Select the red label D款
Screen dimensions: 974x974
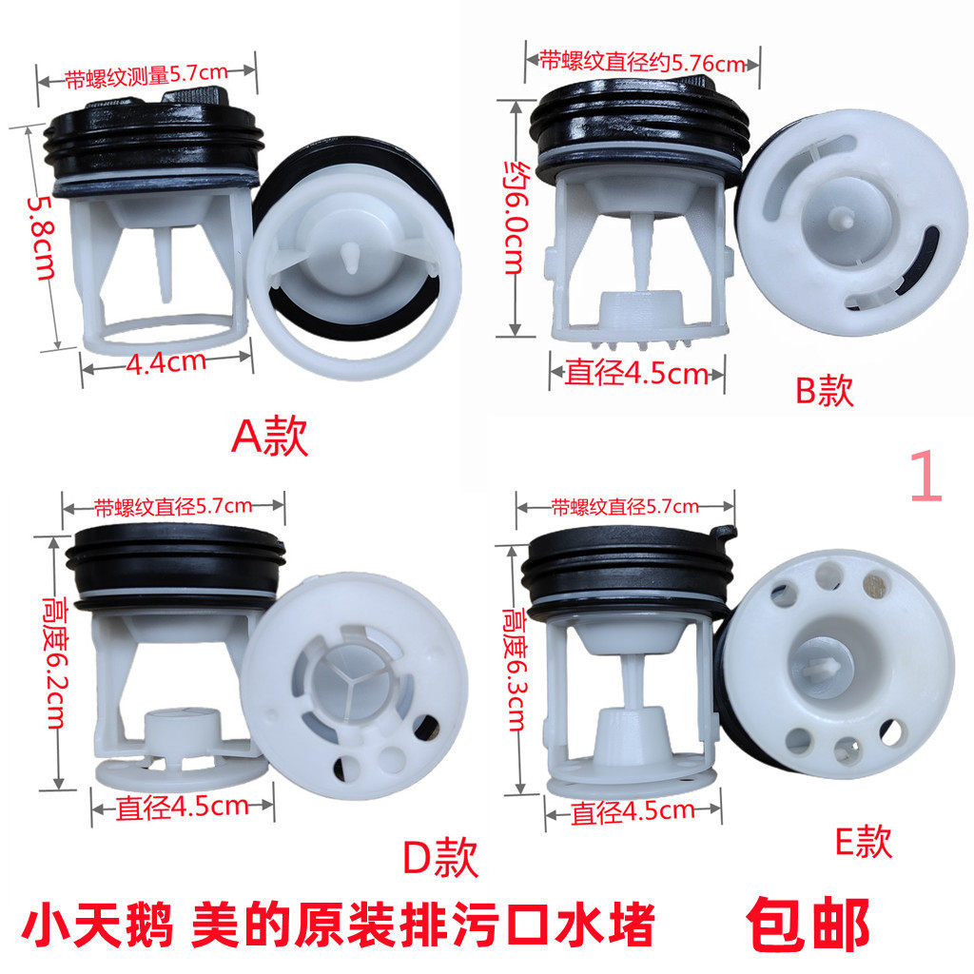click(x=440, y=857)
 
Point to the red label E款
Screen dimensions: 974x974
click(x=864, y=842)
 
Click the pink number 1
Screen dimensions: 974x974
click(x=926, y=477)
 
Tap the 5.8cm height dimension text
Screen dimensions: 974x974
click(x=41, y=237)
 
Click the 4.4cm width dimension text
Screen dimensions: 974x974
click(x=166, y=361)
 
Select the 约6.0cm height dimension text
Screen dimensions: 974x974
click(x=516, y=218)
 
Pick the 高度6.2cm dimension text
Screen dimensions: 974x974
click(x=55, y=663)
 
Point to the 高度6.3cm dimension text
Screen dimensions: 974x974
click(x=515, y=670)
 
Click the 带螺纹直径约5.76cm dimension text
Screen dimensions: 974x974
click(x=642, y=62)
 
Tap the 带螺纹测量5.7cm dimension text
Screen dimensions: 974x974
click(x=146, y=75)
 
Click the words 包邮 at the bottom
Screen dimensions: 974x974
click(x=808, y=925)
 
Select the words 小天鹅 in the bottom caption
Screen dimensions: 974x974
click(x=97, y=925)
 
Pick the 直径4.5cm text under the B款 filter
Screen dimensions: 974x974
click(x=636, y=373)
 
